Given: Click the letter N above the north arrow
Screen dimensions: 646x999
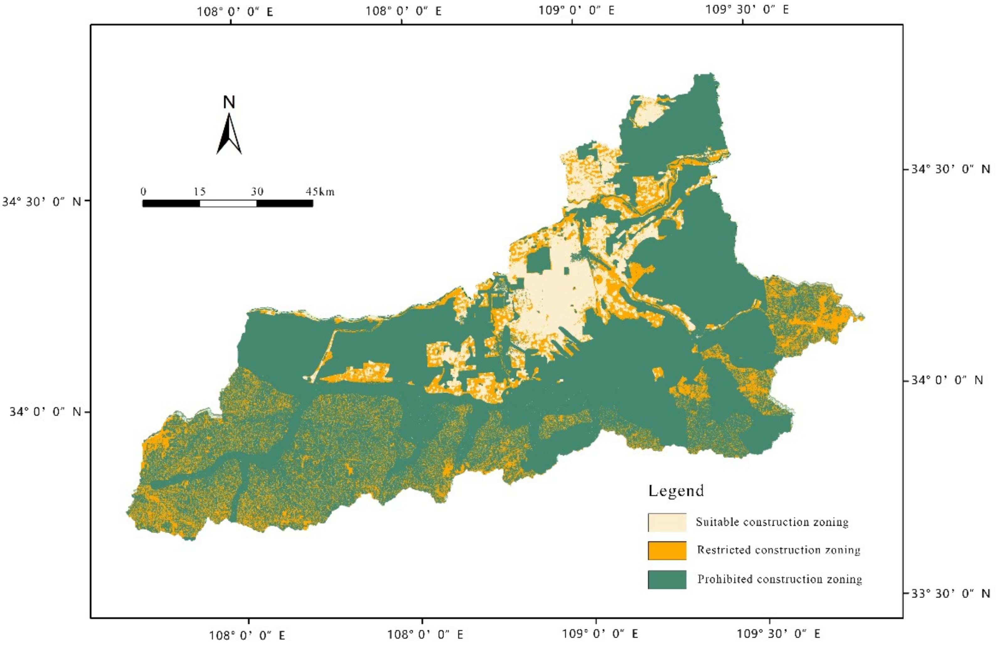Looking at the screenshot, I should [229, 102].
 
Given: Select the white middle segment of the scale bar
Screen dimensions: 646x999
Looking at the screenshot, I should [228, 204].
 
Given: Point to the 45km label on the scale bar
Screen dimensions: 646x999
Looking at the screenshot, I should [320, 192].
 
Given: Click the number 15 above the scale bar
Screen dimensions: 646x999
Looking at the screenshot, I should [199, 192].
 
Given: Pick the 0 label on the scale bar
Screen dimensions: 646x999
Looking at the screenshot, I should [143, 192].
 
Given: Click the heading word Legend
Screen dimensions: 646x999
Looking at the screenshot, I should [676, 491].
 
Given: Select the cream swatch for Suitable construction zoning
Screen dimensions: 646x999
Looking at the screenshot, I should [667, 522].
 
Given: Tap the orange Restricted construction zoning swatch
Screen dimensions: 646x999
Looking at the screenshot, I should [667, 550].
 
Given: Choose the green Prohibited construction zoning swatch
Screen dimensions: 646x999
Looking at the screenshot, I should [667, 579].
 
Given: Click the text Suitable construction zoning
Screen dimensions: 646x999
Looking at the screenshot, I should [772, 522].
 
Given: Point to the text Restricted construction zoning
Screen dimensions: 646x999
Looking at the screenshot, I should [778, 550].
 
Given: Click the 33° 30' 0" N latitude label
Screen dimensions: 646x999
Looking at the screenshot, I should [950, 594].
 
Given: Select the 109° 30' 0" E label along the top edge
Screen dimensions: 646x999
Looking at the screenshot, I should [747, 9].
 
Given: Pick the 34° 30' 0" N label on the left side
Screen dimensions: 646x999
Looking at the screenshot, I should [41, 202].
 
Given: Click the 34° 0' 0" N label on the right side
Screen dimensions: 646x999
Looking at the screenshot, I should [947, 380].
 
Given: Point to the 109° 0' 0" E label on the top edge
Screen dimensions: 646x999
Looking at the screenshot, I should [576, 10].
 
